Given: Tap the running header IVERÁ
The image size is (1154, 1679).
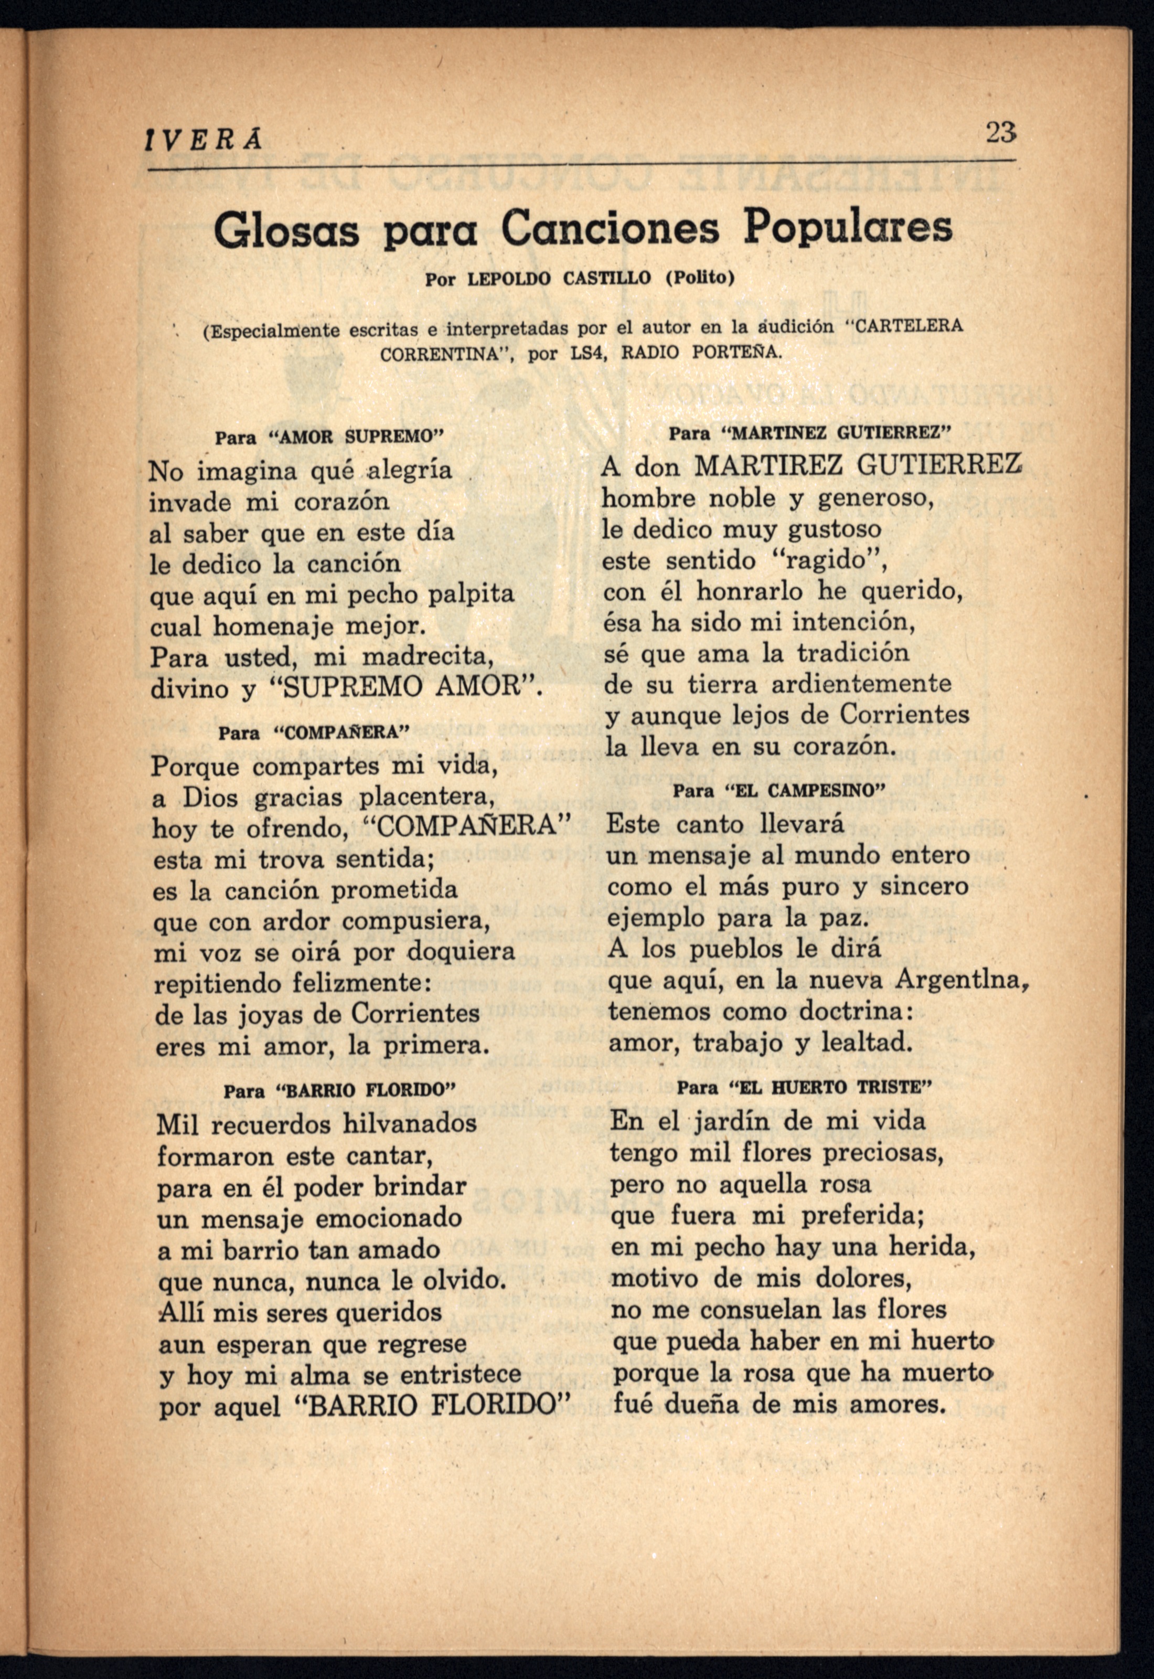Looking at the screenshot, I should click(204, 139).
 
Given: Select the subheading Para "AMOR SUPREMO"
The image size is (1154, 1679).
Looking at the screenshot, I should click(328, 437).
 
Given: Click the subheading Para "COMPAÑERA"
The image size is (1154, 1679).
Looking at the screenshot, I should click(314, 732).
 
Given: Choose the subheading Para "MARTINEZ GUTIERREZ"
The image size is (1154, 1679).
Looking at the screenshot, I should click(808, 433).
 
